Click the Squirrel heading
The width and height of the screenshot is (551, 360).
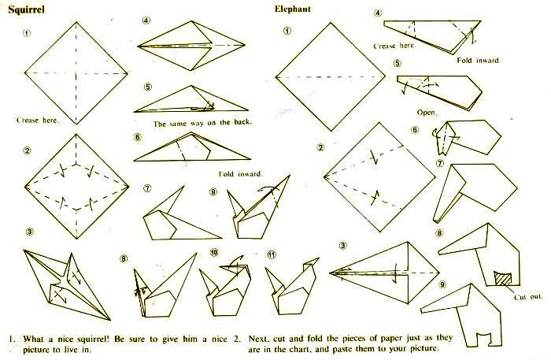tap(26, 9)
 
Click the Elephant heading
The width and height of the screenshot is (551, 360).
tap(292, 9)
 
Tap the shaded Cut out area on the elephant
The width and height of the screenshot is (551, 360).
tap(502, 278)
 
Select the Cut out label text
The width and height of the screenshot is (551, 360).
tap(528, 297)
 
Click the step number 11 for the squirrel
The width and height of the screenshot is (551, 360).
tap(272, 254)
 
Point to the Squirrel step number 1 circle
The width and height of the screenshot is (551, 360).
tap(27, 33)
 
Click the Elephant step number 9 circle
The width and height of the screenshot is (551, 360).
tap(442, 284)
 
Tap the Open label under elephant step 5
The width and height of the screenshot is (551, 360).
tap(427, 113)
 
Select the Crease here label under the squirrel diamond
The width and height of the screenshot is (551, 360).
tap(38, 121)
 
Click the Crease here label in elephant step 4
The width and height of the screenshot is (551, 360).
tap(394, 46)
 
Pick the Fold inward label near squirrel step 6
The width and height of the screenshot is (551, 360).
tap(240, 174)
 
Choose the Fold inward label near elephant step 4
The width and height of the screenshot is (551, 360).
tap(479, 60)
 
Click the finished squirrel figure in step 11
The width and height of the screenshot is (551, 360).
tap(291, 288)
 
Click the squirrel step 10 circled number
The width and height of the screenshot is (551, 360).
tap(214, 252)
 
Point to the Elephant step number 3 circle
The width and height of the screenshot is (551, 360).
tap(343, 246)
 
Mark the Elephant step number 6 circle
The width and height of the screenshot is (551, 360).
tap(415, 130)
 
